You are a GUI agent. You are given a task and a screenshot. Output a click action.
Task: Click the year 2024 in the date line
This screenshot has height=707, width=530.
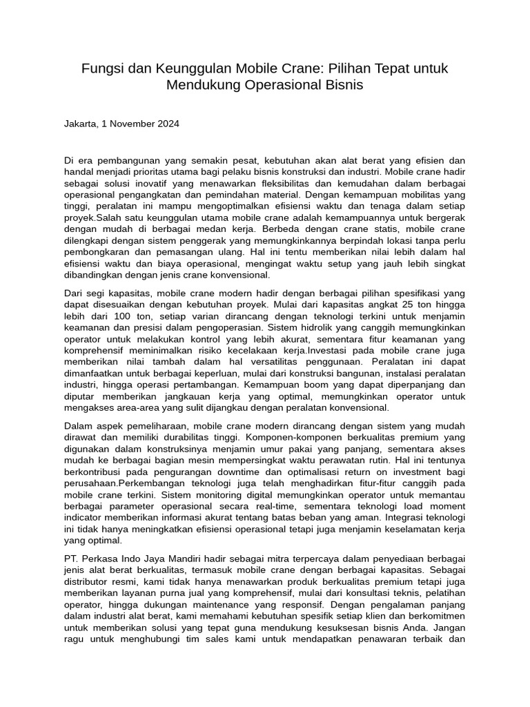[x=168, y=124]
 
